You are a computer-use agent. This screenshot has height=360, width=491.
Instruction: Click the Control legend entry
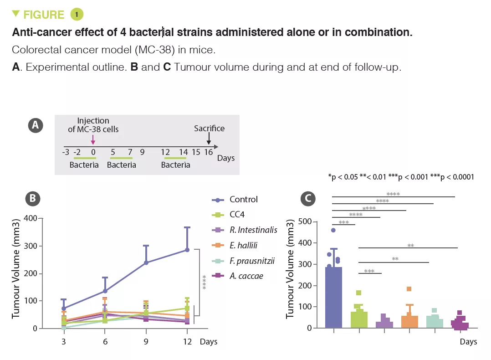(235, 200)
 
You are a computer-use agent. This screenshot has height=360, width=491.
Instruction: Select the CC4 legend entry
(228, 215)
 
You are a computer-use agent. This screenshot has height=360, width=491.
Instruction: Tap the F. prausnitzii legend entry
(243, 261)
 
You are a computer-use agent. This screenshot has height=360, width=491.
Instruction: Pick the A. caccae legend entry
(237, 276)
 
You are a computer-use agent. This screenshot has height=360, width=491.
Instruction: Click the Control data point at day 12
(187, 250)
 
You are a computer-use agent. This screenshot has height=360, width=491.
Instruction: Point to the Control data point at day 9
(146, 262)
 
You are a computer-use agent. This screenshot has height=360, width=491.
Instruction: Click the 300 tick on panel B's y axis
(31, 246)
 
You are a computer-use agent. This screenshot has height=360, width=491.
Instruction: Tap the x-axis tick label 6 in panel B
(105, 341)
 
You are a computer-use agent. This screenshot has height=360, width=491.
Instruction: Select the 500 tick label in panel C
(305, 221)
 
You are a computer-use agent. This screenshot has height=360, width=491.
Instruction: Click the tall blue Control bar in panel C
(334, 297)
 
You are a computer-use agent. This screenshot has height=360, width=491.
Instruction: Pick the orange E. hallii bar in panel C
(409, 322)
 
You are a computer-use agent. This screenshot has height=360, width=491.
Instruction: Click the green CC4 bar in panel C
(359, 319)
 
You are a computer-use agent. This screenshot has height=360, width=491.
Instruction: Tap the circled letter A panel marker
(36, 125)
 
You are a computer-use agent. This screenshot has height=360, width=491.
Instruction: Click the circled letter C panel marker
(308, 199)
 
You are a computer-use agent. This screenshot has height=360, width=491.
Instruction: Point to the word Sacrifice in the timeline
(209, 129)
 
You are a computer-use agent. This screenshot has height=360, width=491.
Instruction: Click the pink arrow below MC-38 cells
(93, 140)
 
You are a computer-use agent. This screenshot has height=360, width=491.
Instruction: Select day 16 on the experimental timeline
(209, 152)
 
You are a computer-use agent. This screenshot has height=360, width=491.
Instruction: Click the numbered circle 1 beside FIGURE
(77, 15)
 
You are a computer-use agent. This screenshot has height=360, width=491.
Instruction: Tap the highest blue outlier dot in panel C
(333, 230)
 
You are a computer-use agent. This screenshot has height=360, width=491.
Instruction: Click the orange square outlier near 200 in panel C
(409, 289)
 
